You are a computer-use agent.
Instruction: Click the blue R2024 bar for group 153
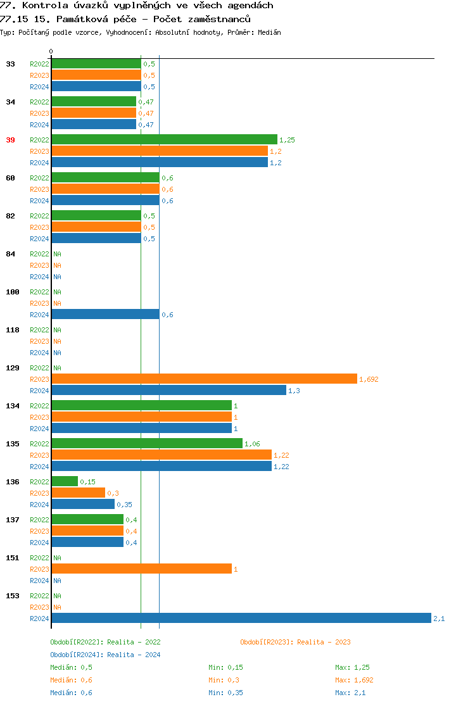(241, 618)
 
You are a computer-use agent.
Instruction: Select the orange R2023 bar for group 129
(204, 379)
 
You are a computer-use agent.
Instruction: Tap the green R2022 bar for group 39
(164, 139)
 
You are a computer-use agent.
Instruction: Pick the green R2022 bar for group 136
(65, 481)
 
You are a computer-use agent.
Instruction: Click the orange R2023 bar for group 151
(141, 569)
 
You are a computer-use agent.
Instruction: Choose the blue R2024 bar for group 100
(105, 314)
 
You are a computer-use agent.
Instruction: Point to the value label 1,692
(369, 379)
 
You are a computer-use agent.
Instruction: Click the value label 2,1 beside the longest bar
(439, 619)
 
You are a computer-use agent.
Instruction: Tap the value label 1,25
(287, 140)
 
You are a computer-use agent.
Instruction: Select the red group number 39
(10, 140)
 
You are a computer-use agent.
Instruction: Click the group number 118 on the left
(13, 330)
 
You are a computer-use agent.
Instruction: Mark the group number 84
(10, 254)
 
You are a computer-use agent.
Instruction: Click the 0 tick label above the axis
(51, 51)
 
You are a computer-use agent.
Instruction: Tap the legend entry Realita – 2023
(295, 642)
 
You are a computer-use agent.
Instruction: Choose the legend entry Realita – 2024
(105, 655)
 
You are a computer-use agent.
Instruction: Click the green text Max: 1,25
(352, 667)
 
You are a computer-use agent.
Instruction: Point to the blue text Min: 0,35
(225, 693)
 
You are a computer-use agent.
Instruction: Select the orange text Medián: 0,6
(71, 680)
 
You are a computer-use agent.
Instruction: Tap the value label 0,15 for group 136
(87, 482)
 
